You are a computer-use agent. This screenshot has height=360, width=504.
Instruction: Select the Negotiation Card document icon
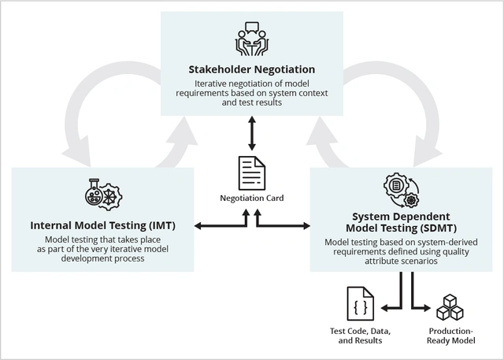(x=252, y=172)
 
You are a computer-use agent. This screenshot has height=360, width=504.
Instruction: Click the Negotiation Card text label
(x=252, y=199)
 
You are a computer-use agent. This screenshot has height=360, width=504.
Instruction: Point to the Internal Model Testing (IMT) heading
(x=102, y=225)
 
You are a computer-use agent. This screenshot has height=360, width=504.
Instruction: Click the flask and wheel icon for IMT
(x=102, y=194)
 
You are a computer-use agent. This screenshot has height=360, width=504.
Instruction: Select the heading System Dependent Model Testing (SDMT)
(x=402, y=221)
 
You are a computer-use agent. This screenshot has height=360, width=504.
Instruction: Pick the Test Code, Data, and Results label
(x=359, y=336)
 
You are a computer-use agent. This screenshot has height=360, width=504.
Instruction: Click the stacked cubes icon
(x=451, y=305)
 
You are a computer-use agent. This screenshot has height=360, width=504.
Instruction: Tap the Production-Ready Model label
(x=451, y=336)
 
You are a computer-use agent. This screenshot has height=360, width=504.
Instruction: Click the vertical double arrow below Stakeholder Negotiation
(x=251, y=133)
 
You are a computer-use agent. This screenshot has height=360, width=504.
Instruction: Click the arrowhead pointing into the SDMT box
(x=305, y=227)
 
